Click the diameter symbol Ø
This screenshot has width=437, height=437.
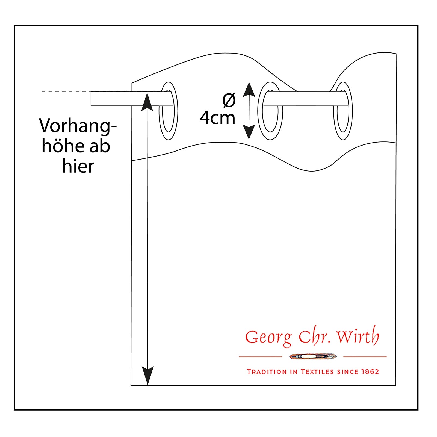pos(229,100)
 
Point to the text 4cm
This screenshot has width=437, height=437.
pos(217,118)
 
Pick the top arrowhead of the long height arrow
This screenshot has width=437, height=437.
pos(147,102)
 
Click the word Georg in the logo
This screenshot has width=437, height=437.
pos(268,338)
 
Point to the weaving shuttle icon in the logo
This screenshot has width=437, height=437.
pos(313,356)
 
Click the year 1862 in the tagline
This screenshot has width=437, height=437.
pos(370,372)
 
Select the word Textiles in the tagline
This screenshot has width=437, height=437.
pos(317,372)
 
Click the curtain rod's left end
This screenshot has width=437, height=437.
pos(91,99)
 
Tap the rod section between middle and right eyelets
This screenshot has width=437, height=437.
pos(306,99)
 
